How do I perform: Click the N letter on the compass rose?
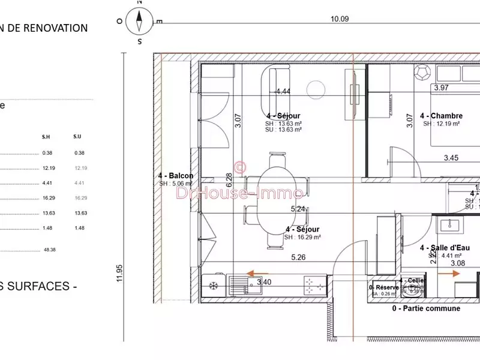click(x=139, y=3)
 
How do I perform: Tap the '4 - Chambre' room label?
click(x=441, y=116)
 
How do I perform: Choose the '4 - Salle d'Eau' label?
click(x=445, y=247)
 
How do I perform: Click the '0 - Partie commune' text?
click(x=426, y=308)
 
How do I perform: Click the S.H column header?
click(x=47, y=136)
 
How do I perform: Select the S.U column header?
click(x=77, y=136)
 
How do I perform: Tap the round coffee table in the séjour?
click(x=315, y=89)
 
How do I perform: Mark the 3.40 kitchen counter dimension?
click(x=263, y=281)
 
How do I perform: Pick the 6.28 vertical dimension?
click(x=229, y=179)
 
